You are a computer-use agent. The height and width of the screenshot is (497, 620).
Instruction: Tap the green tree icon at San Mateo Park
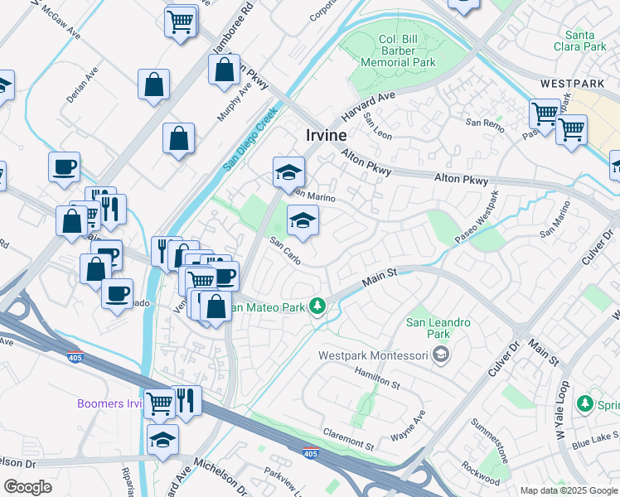coord(317,307)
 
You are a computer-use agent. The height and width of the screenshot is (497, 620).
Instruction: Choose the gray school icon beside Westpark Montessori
coord(441,355)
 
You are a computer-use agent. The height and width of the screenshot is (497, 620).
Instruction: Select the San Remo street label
coord(483,122)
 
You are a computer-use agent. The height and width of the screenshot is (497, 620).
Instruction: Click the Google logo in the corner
coord(28,487)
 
